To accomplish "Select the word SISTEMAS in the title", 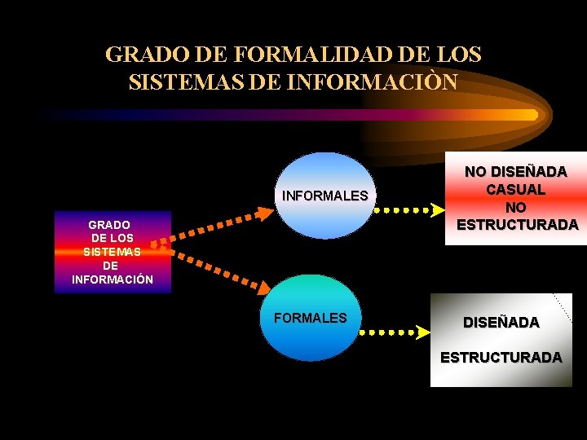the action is coord(174,82).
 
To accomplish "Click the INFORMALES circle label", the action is coord(324,196).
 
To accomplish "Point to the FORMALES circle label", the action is coord(310,318).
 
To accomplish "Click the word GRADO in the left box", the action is coord(109,224).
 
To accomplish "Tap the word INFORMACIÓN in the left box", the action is coord(113,279).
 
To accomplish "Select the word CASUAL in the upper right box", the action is coord(516,189).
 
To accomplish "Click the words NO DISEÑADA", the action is coord(516,172).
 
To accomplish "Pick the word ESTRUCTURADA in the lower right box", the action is coord(501,357).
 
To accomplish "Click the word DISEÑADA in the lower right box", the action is coord(501,322).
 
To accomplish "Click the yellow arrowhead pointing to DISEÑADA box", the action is coord(422,332).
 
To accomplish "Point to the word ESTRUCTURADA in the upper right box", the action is coord(518,224).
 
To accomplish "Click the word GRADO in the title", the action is coord(143,55).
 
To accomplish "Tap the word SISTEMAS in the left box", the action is coord(112,252).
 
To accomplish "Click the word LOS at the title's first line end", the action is coord(458,55).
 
